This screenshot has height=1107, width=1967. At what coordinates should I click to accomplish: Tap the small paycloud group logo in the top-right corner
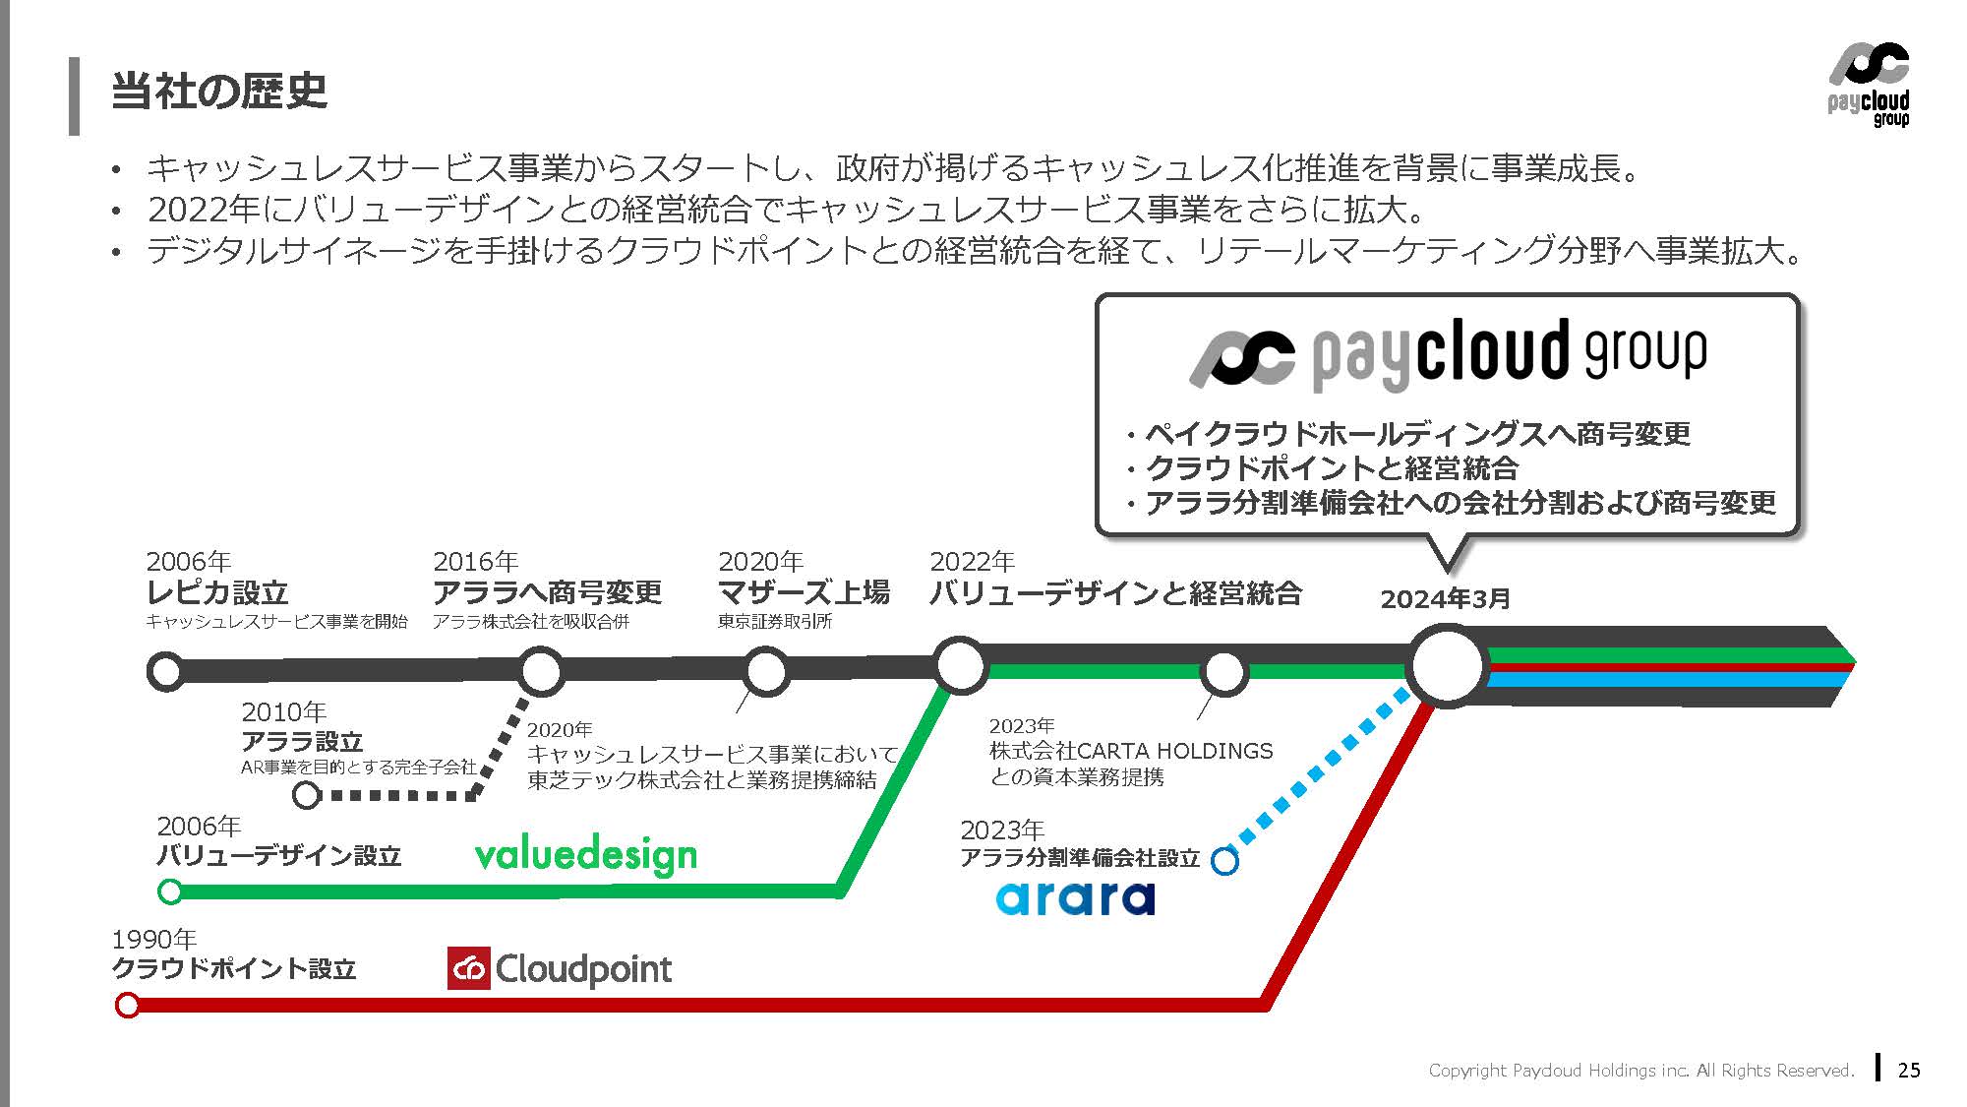coord(1869,86)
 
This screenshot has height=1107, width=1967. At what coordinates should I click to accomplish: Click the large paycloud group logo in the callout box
coord(1448,354)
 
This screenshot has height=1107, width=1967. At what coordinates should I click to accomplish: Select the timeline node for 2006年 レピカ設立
coord(166,671)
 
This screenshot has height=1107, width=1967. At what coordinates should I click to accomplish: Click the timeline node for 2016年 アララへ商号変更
coord(540,671)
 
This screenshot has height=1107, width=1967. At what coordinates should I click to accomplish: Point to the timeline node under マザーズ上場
coord(765,671)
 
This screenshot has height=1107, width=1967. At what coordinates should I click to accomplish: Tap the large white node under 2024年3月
coord(1446,666)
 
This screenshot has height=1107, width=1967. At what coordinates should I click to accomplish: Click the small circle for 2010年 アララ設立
coord(307,795)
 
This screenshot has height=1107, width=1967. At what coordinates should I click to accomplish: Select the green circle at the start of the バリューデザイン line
coord(170,892)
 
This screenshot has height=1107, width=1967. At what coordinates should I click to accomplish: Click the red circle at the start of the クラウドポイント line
coord(128,1005)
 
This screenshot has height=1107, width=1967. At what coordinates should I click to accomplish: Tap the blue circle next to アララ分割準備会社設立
coord(1224,861)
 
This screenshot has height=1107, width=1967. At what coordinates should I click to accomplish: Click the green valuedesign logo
coord(585,856)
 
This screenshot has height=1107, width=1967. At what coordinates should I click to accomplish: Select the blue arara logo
coord(1075,897)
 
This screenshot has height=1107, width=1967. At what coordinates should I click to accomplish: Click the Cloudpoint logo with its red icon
coord(560,969)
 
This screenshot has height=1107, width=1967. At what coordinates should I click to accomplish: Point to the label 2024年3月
coord(1445,599)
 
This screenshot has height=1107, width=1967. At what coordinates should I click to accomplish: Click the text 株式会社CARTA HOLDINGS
coord(1131,751)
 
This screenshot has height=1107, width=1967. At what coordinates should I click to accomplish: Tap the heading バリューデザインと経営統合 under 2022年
coord(1115,593)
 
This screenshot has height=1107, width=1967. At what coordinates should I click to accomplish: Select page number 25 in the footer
coord(1909,1070)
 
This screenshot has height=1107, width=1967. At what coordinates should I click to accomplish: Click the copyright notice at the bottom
coord(1640,1071)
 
